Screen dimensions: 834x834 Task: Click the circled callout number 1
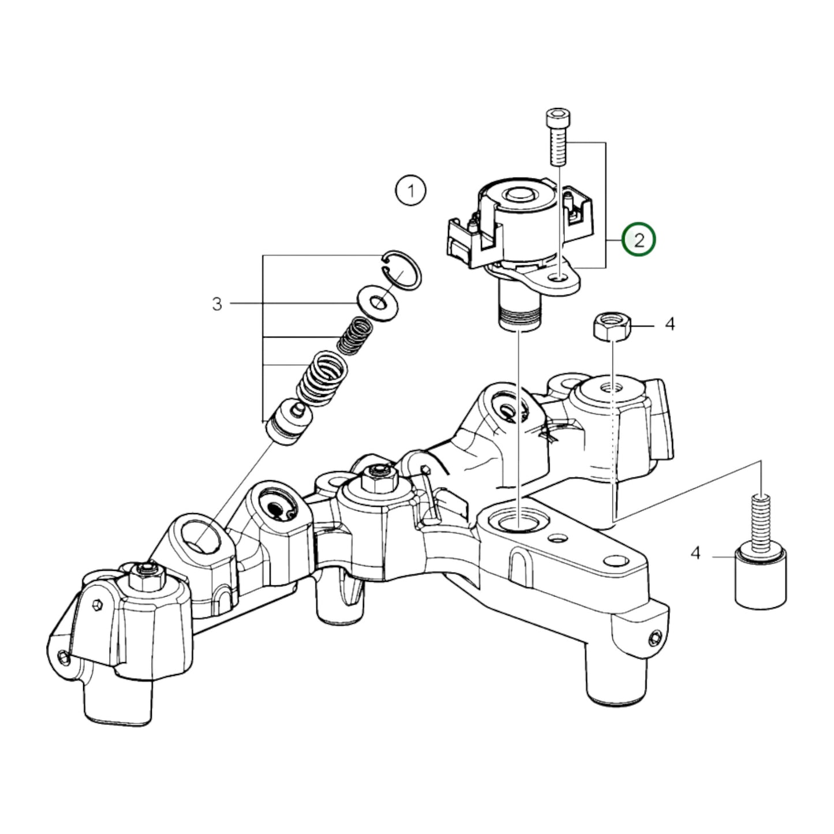pos(411,190)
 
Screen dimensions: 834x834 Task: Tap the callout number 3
pos(217,304)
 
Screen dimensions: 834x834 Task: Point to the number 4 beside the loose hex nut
pos(670,324)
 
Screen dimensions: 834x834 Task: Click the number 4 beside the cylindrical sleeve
pos(695,553)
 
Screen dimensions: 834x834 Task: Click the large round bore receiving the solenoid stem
pos(518,521)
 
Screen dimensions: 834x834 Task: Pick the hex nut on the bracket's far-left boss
pos(143,573)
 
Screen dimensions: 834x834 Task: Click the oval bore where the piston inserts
pos(201,536)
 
